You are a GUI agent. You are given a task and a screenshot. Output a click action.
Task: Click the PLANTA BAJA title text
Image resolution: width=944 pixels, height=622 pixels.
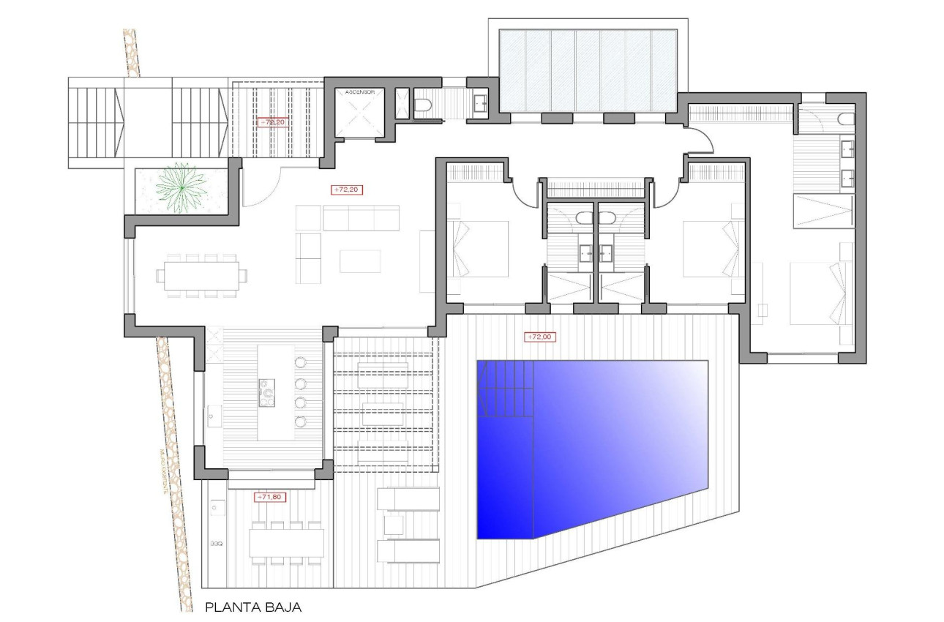point(253,607)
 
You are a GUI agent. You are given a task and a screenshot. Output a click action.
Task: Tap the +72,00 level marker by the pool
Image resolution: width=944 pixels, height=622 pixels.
point(539,337)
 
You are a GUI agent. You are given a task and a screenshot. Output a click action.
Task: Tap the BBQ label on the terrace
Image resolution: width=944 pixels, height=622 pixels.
point(216,544)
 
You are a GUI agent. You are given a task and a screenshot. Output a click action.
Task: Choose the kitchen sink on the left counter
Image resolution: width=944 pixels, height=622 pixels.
point(213,415)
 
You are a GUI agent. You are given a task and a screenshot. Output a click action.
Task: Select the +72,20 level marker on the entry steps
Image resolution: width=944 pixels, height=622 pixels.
point(271,123)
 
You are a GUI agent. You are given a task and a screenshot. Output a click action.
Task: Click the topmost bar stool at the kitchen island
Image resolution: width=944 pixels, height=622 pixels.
point(301,362)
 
